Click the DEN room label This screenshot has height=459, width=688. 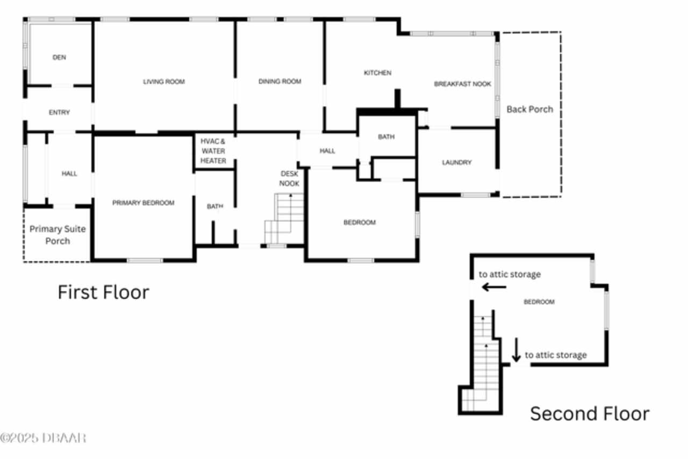(59, 58)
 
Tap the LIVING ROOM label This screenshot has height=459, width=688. (164, 82)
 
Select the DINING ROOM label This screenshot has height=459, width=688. (279, 82)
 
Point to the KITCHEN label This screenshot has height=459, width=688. (378, 73)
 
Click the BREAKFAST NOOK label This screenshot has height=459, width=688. (462, 84)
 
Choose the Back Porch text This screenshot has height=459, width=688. (529, 109)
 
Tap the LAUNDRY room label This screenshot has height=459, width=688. (457, 162)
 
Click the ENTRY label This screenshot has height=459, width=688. (59, 112)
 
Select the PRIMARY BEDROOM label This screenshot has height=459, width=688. (144, 203)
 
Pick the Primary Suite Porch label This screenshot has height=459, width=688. (58, 235)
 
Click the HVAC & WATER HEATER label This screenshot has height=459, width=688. (213, 151)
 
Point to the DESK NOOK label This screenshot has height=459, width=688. (289, 178)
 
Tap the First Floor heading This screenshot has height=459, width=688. (103, 292)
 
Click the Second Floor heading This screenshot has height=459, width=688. (590, 414)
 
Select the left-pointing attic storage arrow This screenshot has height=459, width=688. (493, 287)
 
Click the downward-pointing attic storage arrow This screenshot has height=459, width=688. (516, 350)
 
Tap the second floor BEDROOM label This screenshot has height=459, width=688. (539, 302)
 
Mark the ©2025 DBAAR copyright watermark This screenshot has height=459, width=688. (43, 438)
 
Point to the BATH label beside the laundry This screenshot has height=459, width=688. (386, 137)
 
